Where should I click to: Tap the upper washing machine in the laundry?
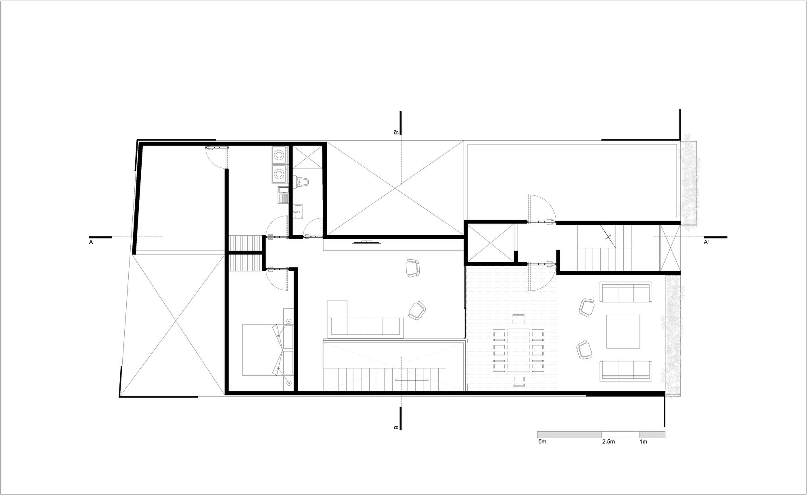(279, 155)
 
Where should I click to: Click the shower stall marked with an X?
(307, 158)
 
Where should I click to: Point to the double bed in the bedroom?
(266, 350)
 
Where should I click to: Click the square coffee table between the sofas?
(623, 331)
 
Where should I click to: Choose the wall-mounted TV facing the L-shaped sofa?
(366, 242)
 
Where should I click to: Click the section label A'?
(707, 242)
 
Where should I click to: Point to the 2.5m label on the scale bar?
(608, 442)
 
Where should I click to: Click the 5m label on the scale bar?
(542, 442)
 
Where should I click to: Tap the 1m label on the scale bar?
(643, 442)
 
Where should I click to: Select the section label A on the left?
(91, 242)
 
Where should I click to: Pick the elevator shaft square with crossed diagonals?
(491, 244)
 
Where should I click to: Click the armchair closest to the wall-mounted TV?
(412, 268)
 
